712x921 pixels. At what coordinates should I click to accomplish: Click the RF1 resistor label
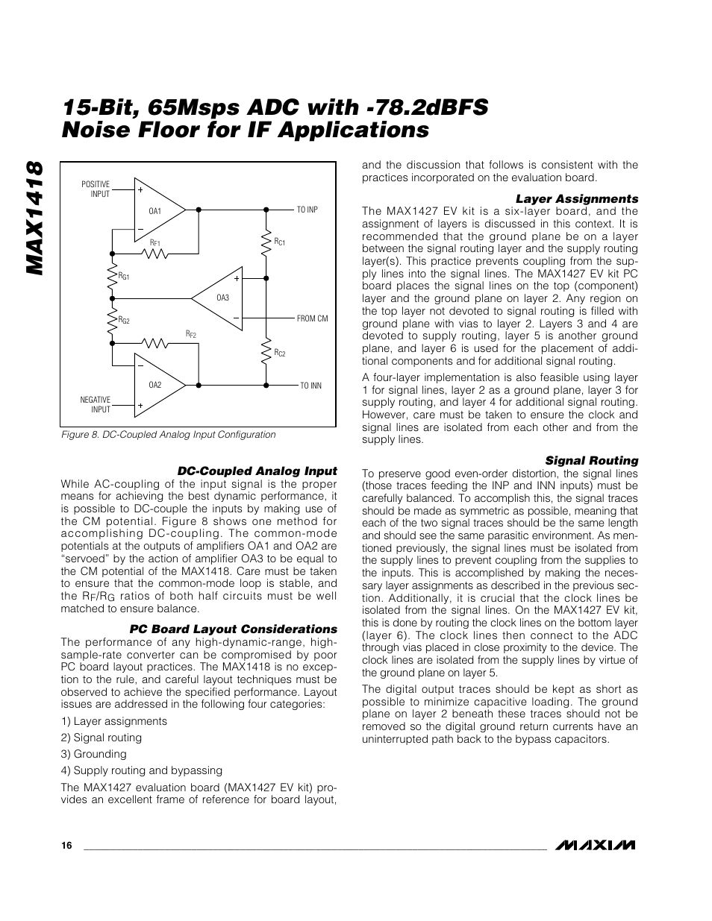(155, 243)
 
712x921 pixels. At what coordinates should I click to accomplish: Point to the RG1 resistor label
(124, 276)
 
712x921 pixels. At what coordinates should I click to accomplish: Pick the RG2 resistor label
(124, 319)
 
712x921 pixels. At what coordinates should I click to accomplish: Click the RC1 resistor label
(280, 242)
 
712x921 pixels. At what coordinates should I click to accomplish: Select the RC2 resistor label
(280, 352)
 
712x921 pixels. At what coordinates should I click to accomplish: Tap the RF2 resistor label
(191, 334)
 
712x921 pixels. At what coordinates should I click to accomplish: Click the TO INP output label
(307, 210)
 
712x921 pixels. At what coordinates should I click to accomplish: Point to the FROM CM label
(312, 318)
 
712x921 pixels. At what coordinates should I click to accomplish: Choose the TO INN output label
(310, 386)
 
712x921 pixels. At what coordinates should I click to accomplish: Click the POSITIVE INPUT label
(96, 189)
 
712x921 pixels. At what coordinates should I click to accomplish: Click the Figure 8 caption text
(168, 435)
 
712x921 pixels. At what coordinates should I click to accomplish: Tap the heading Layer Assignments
(577, 199)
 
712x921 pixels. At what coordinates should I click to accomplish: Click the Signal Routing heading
(591, 461)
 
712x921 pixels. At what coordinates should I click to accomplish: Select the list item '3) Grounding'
(94, 754)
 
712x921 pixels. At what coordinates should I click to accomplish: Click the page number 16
(67, 846)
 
